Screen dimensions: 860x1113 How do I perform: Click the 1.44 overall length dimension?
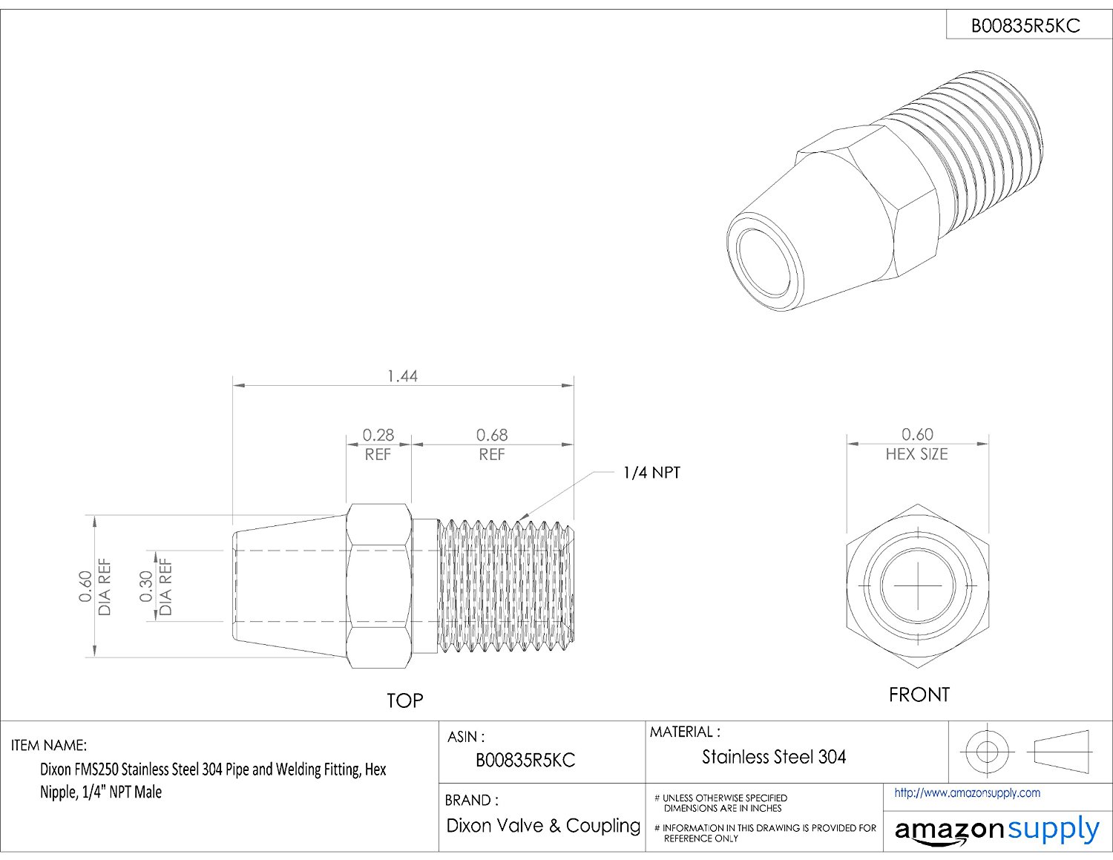click(x=402, y=376)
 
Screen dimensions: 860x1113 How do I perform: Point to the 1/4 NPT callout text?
click(x=651, y=473)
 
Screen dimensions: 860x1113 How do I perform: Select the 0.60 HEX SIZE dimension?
click(x=917, y=444)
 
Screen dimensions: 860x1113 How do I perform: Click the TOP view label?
click(x=404, y=700)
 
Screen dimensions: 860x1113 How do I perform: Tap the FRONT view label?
click(x=919, y=695)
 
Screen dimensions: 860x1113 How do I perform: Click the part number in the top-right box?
click(x=1025, y=27)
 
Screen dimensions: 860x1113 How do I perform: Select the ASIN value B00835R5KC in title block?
click(x=525, y=761)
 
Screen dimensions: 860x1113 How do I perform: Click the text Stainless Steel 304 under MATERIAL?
click(x=774, y=757)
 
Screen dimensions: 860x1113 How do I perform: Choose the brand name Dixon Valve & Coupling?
click(x=543, y=826)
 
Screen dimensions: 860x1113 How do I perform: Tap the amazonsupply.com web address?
click(x=967, y=793)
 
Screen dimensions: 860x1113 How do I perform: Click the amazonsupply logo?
click(x=997, y=830)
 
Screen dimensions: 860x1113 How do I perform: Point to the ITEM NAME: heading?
click(x=49, y=745)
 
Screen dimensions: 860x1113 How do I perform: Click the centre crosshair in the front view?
click(x=918, y=585)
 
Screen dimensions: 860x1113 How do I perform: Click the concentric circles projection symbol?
click(x=986, y=752)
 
